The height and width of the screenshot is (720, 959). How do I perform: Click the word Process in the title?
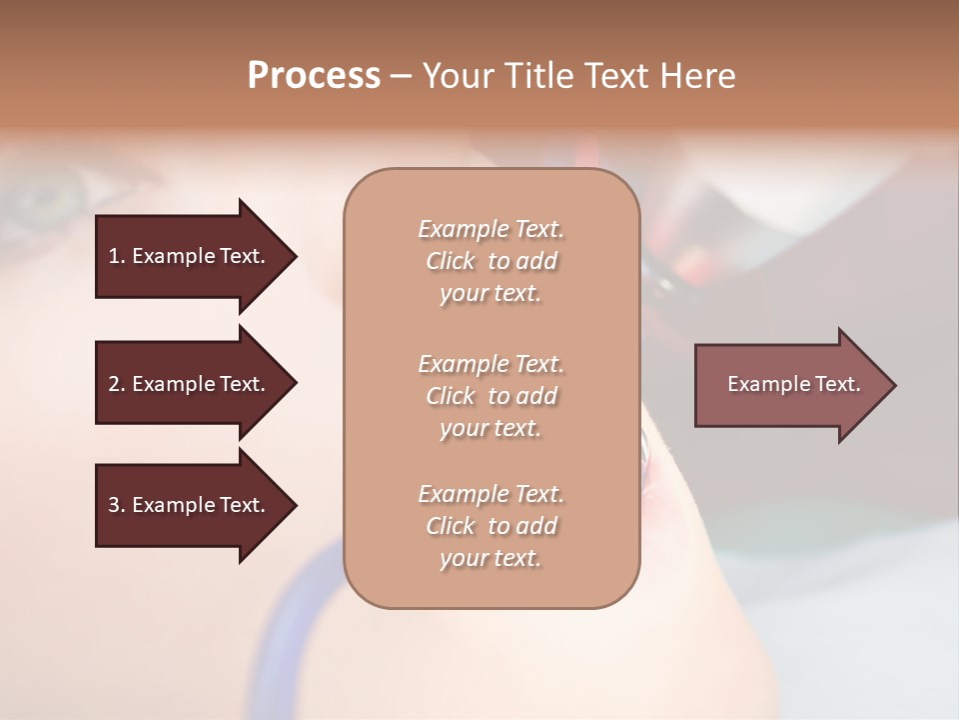tap(314, 76)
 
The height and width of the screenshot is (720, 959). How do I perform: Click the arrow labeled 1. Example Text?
tap(190, 256)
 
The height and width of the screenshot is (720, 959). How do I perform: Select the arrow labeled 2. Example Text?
tap(190, 384)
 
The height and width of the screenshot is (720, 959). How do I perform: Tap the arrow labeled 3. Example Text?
tap(190, 505)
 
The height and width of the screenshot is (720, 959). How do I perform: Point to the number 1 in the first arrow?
tap(114, 256)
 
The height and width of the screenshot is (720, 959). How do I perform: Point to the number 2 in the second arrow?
tap(114, 384)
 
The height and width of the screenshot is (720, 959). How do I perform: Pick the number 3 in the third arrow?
tap(114, 505)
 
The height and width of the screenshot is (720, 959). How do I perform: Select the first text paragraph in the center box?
tap(490, 261)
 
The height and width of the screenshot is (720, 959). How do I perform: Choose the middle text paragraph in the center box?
tap(490, 396)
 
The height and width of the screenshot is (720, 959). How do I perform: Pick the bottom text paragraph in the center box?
tap(490, 526)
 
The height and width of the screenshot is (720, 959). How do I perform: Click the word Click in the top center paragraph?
tap(451, 262)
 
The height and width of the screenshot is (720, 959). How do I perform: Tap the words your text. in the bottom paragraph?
tap(490, 559)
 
